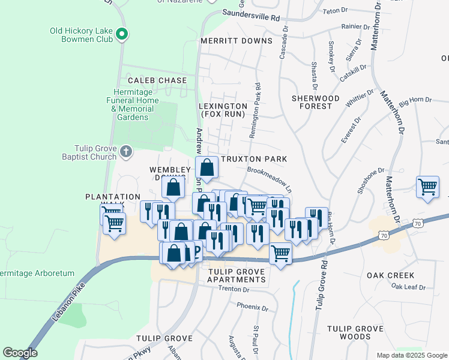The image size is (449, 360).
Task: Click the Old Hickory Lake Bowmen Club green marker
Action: click(122, 34)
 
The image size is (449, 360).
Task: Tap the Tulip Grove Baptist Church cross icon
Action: click(126, 151)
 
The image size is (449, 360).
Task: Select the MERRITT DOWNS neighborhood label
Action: click(236, 41)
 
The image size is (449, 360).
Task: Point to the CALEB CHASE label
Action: click(157, 80)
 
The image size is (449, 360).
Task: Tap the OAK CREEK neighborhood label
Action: click(390, 275)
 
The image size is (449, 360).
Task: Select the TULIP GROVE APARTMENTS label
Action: click(237, 276)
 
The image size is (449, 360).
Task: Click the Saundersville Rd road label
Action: click(251, 15)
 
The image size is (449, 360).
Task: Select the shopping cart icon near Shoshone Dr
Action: click(427, 187)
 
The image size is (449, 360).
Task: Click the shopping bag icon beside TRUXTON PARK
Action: click(206, 169)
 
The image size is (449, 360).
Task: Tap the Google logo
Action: click(20, 353)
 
